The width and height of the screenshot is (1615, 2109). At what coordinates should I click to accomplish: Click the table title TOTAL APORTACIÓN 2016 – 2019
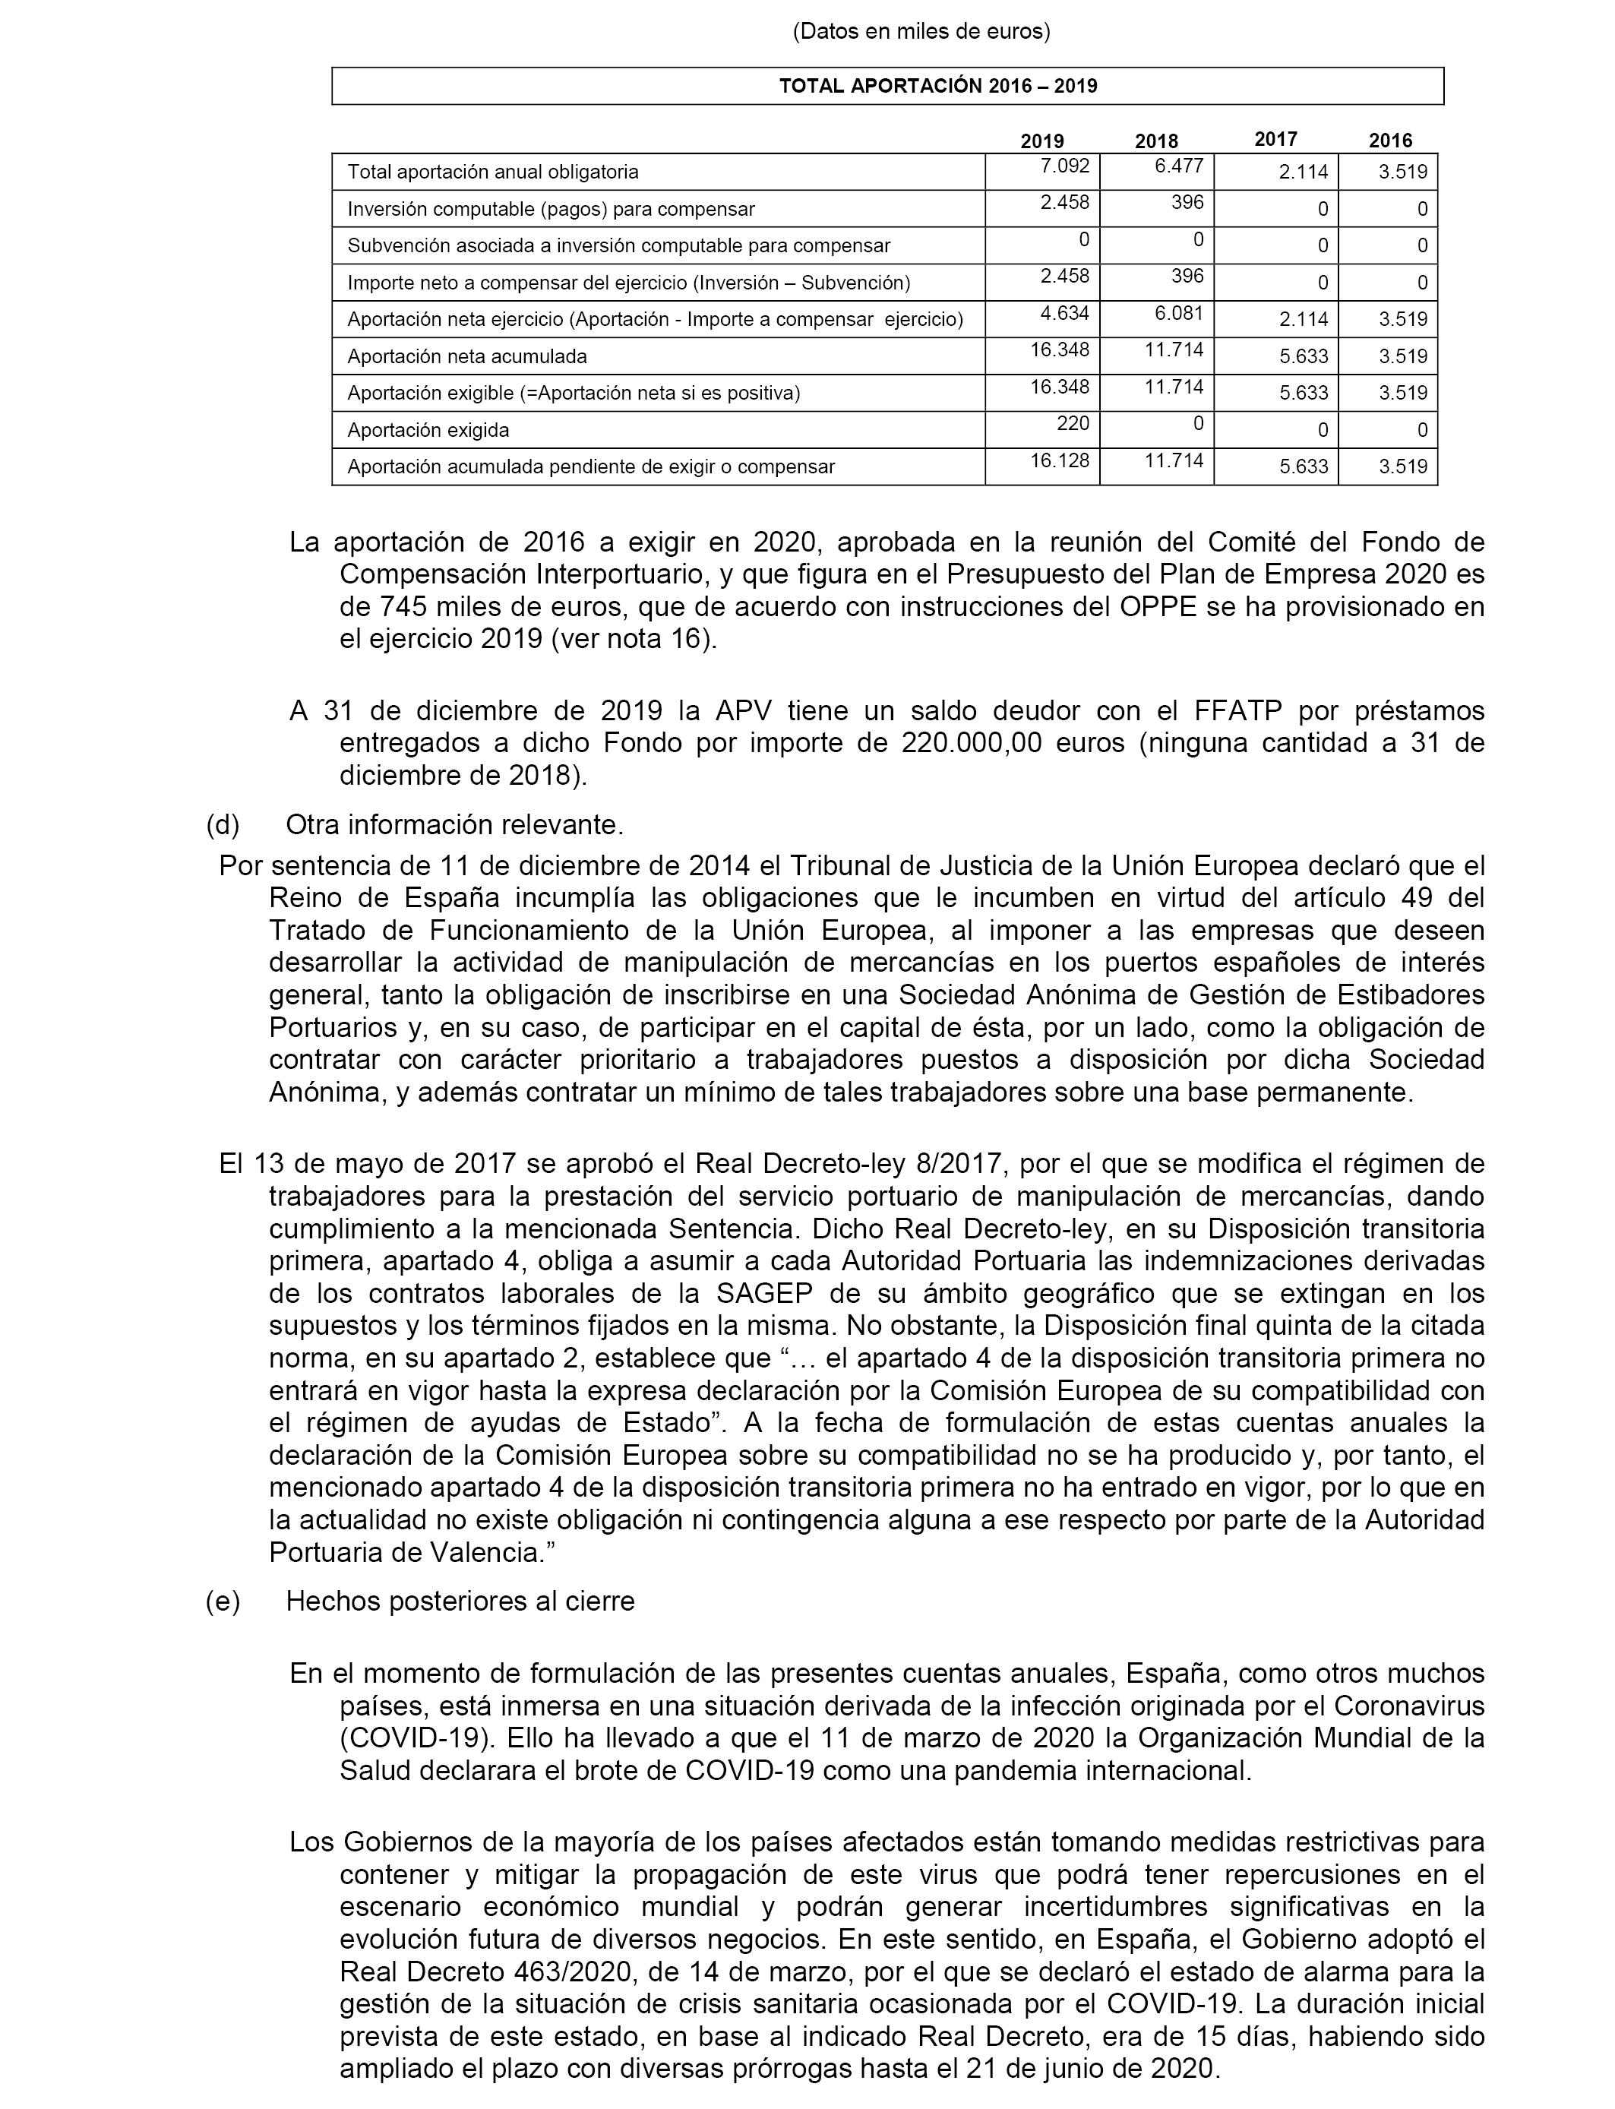937,86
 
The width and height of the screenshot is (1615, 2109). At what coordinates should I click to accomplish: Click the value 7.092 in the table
1064,166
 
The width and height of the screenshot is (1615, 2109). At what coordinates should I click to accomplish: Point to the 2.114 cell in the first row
1303,172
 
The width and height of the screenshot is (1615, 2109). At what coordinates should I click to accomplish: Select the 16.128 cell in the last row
1060,460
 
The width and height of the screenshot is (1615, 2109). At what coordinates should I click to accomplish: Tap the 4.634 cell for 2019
1064,313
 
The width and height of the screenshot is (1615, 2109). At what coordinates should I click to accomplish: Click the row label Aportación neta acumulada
466,356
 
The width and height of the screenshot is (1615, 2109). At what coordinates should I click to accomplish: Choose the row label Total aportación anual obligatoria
492,172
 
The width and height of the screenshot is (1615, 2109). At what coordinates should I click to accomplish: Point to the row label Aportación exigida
428,431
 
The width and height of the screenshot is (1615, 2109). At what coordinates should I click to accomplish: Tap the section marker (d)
222,825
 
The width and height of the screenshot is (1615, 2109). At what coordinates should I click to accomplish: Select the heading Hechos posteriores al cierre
460,1602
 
